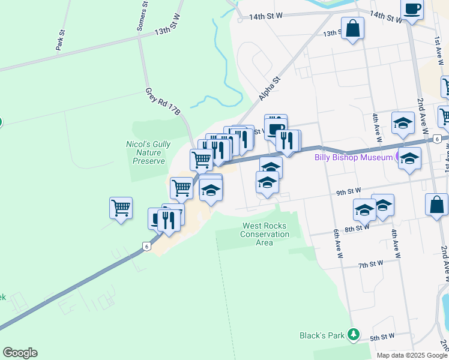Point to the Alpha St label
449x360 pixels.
(x=270, y=88)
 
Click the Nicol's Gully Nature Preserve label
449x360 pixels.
(x=148, y=153)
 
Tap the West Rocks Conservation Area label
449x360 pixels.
(x=265, y=234)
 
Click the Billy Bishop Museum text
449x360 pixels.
(x=353, y=158)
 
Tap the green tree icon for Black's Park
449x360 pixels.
(x=355, y=334)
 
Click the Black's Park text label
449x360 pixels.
(x=322, y=335)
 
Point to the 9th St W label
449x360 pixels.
(x=348, y=192)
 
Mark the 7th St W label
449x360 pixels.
(x=370, y=264)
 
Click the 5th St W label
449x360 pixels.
(x=382, y=338)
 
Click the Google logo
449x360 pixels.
(x=20, y=352)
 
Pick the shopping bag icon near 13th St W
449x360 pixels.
(x=352, y=28)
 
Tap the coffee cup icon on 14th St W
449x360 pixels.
(x=412, y=10)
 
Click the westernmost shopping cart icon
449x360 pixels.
(x=121, y=208)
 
